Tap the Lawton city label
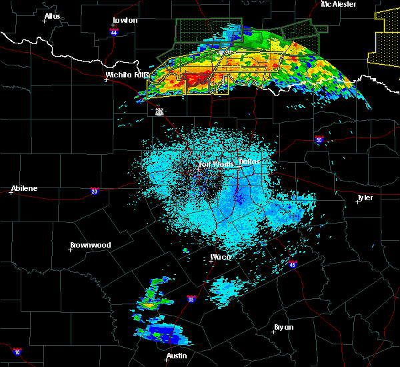125,20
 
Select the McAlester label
338,4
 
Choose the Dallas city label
248,161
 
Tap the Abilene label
24,188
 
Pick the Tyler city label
365,198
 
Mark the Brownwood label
90,245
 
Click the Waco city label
220,257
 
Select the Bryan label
283,327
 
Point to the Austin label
176,356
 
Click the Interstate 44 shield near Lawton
114,32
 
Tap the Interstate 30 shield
318,139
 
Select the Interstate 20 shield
94,190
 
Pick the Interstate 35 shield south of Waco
191,298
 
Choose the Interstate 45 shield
292,264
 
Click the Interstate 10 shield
17,352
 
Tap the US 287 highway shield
159,111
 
